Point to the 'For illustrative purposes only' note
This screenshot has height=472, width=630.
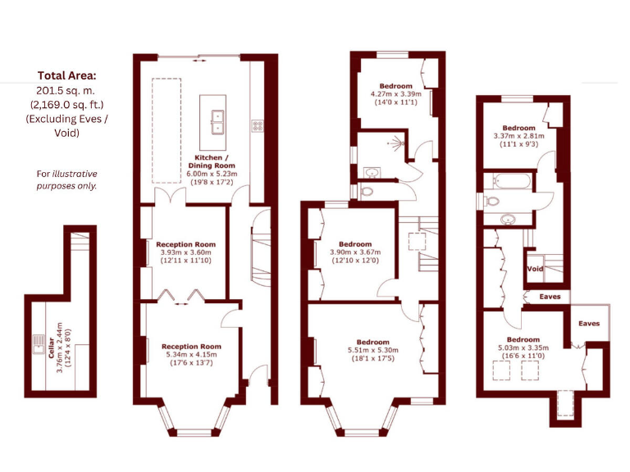coord(66,179)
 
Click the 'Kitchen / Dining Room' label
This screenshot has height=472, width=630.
coord(211,161)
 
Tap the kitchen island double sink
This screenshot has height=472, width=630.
coord(217,121)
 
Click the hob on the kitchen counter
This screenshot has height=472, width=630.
coord(257,125)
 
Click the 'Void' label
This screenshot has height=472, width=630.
coord(535,269)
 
